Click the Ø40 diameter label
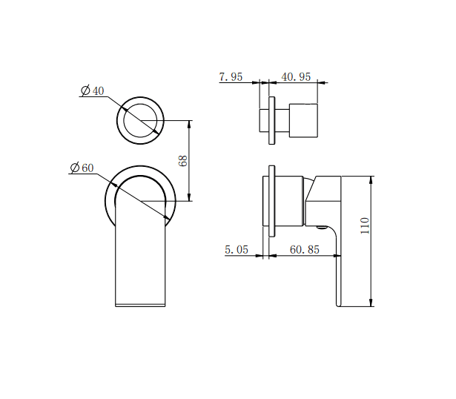[93, 90]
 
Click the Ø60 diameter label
[82, 168]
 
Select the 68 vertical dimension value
[183, 160]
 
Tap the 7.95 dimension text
[231, 76]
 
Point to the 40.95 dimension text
[294, 76]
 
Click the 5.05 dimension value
[237, 250]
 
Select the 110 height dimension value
[364, 226]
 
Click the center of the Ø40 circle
[140, 120]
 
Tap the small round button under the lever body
[321, 228]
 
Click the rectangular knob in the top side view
[303, 120]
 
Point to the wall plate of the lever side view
[274, 202]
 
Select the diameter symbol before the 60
[75, 168]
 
